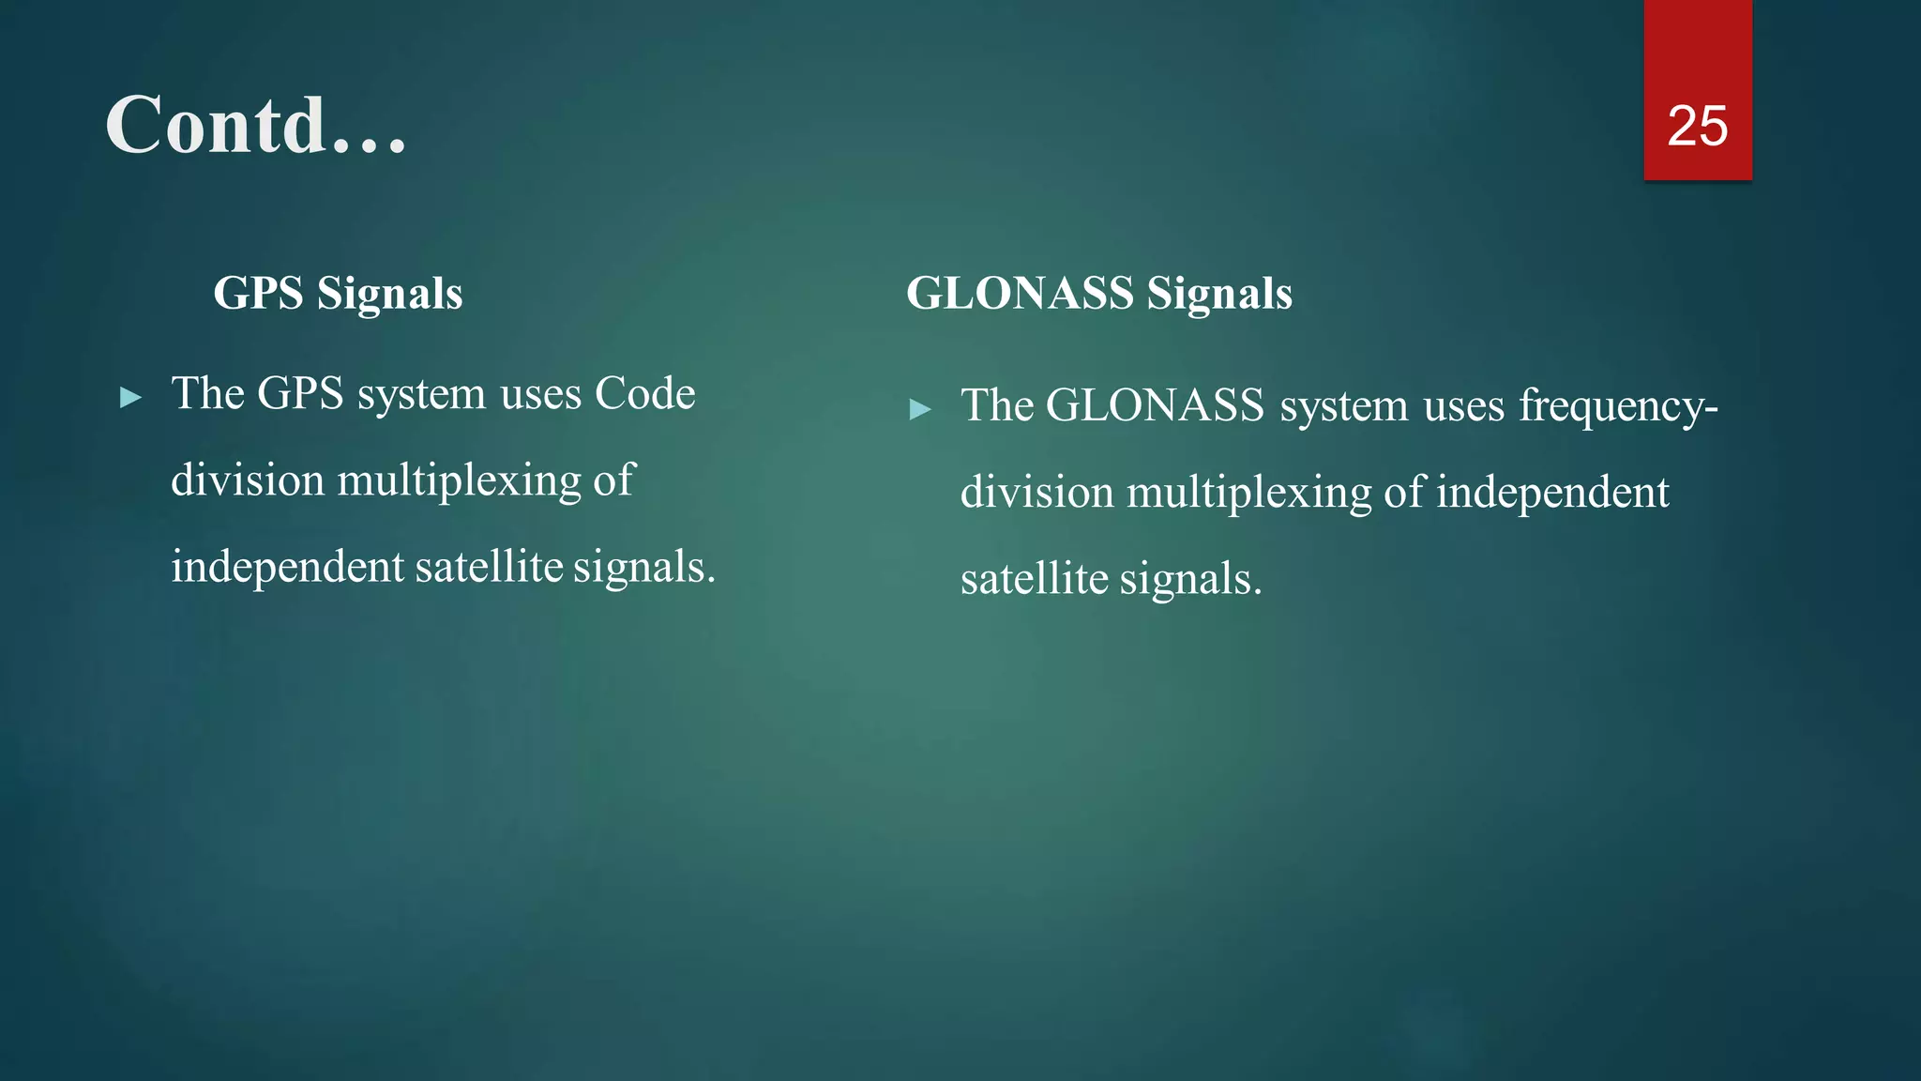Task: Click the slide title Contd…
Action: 256,125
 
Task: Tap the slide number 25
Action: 1697,126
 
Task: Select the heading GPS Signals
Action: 338,293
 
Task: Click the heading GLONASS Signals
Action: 1098,293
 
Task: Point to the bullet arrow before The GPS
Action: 131,398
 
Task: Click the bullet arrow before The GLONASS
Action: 920,409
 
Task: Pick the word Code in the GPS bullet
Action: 645,393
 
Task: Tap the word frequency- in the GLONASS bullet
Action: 1618,406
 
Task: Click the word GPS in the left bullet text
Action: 300,393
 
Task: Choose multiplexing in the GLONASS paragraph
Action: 1248,494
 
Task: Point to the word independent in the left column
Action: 287,568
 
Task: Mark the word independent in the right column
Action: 1552,493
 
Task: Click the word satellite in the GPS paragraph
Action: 489,568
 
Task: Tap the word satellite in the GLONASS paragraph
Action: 1034,579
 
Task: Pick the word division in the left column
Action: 248,480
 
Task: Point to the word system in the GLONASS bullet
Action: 1344,406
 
